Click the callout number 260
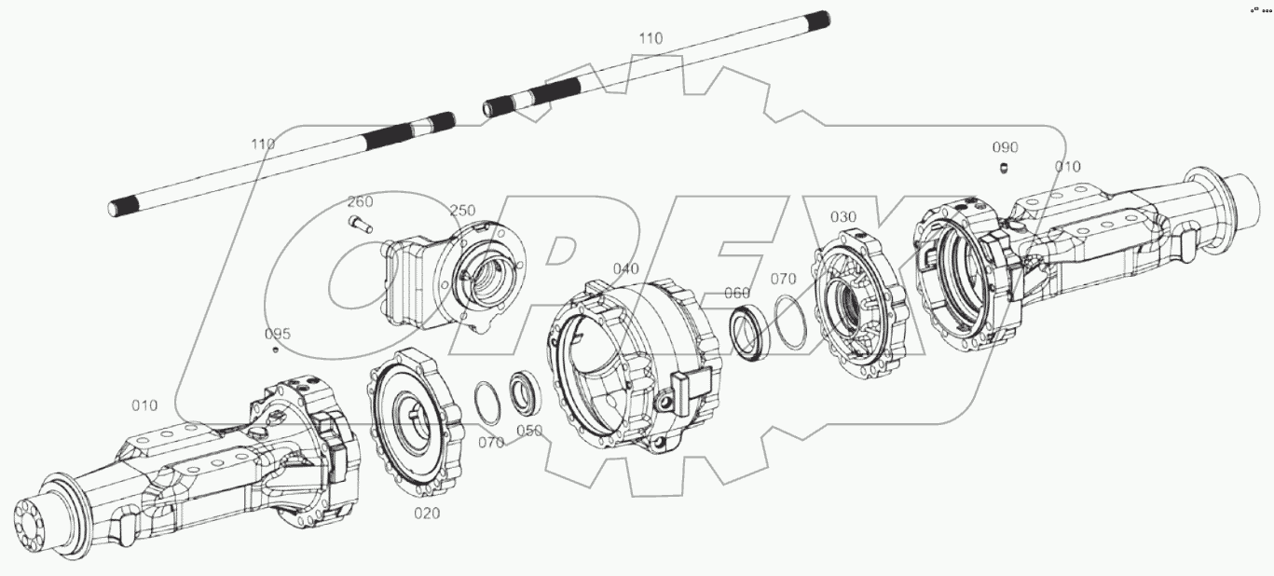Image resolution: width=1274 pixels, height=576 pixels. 361,202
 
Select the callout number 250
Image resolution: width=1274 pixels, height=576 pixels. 463,211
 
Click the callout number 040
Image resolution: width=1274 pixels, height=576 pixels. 625,269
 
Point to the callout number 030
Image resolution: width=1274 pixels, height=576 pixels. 842,217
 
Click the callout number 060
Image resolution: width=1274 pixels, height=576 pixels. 737,294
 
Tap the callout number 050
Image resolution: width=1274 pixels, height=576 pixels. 529,431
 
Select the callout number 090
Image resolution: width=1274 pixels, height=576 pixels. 1005,147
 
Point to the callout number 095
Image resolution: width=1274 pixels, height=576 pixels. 277,334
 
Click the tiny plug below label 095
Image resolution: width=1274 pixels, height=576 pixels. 276,350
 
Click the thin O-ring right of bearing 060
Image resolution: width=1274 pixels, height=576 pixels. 789,322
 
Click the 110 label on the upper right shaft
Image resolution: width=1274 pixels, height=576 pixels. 651,38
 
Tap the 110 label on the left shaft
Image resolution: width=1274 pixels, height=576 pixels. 263,144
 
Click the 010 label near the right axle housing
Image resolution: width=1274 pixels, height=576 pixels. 1067,167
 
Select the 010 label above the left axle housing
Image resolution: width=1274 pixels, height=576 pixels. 144,405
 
